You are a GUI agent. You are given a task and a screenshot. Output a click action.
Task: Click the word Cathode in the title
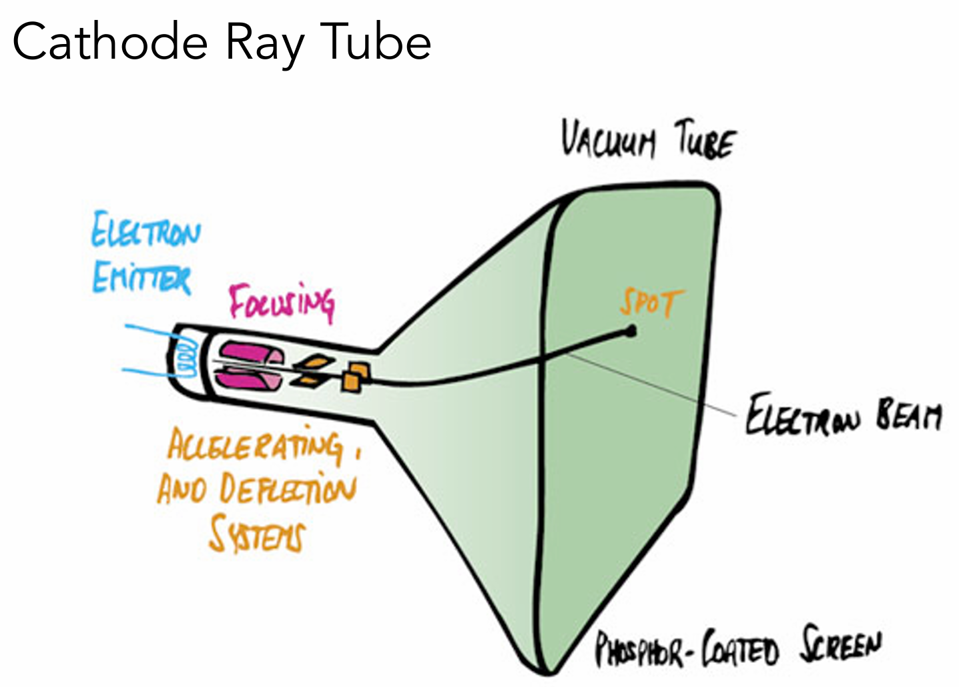[111, 42]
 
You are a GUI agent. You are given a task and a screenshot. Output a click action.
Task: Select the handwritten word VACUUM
[607, 140]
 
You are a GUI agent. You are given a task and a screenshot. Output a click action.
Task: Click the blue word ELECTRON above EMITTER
[145, 230]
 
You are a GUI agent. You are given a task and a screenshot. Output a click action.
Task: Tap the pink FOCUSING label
[281, 302]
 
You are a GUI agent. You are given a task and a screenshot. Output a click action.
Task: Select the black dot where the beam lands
[631, 330]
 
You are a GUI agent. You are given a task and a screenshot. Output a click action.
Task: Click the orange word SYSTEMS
[257, 535]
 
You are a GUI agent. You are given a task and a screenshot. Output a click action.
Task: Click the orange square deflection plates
[354, 377]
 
